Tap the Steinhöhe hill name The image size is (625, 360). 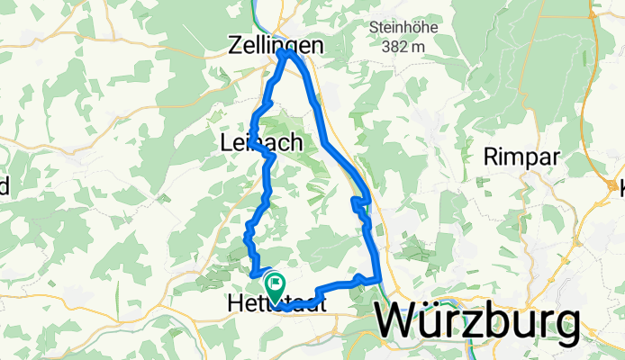coord(401,27)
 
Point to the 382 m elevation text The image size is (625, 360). coord(401,46)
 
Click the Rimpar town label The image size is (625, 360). coord(521,157)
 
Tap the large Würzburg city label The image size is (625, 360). coord(477,321)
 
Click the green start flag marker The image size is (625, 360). coord(273,283)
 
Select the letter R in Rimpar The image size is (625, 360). coord(494,157)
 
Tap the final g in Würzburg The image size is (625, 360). coord(565,327)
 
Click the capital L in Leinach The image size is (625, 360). coord(225,143)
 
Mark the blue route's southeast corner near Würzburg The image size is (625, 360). coord(381,280)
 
